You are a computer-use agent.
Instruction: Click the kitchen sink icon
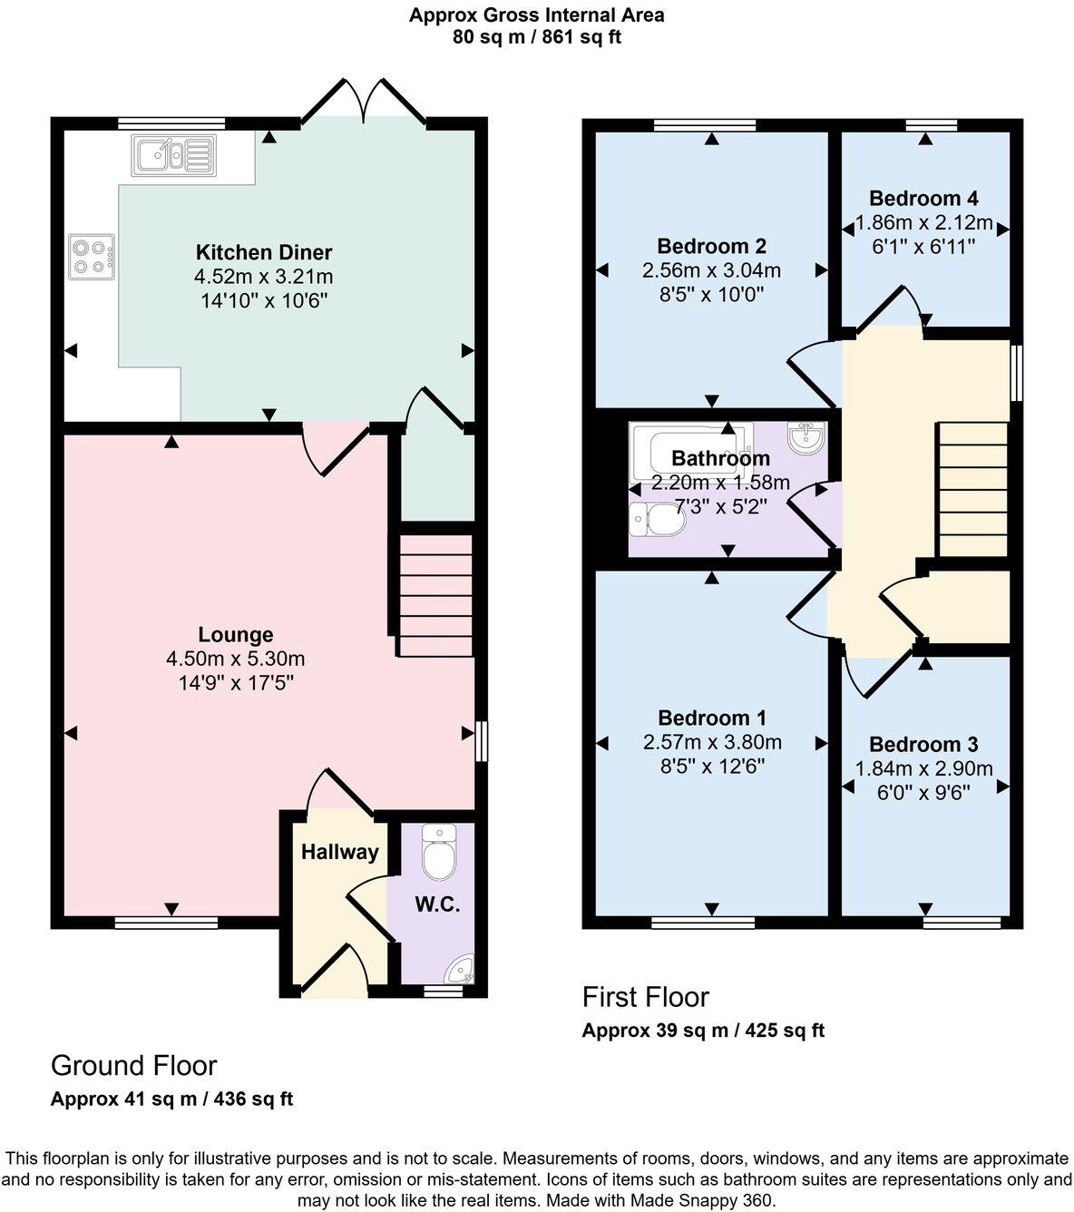[x=173, y=155]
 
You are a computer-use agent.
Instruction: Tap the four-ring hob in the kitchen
[x=92, y=257]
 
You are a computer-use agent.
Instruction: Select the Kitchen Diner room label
[x=264, y=252]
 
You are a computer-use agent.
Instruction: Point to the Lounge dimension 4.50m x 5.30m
[x=235, y=659]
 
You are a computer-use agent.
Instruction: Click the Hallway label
[x=340, y=852]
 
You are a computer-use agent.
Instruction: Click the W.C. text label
[x=437, y=904]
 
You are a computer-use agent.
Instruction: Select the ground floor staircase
[x=435, y=596]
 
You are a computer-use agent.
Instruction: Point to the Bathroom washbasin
[x=807, y=438]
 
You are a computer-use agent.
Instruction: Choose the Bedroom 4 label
[x=923, y=198]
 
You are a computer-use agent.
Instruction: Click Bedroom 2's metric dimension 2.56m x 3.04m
[x=711, y=270]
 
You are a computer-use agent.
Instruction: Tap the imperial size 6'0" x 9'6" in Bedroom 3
[x=923, y=793]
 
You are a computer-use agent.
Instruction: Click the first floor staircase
[x=972, y=490]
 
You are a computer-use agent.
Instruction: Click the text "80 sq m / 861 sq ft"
[x=537, y=37]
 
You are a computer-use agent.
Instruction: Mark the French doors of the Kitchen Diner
[x=363, y=101]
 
